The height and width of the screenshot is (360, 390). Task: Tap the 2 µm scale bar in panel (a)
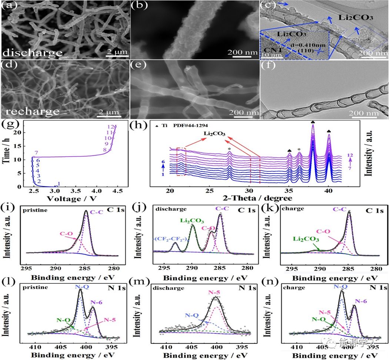point(116,52)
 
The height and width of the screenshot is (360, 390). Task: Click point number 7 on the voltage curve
point(36,153)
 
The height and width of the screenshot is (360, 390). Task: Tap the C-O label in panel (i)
point(66,234)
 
